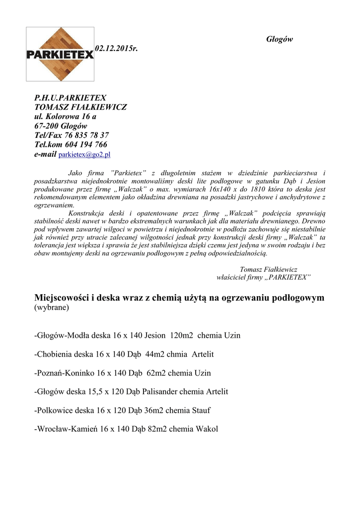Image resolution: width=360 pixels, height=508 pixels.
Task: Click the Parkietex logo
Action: pos(60,54)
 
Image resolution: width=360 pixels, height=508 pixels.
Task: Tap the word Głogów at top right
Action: pos(280,39)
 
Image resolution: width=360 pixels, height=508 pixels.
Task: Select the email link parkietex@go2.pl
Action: pos(84,155)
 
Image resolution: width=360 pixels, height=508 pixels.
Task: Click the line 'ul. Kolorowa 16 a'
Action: pos(65,116)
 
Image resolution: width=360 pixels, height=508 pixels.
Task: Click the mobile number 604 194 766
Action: pos(86,144)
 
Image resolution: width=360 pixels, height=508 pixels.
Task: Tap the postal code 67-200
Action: pos(45,126)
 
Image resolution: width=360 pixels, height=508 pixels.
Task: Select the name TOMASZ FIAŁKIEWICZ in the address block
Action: pos(80,107)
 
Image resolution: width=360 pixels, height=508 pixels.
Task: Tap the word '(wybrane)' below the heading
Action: pos(52,308)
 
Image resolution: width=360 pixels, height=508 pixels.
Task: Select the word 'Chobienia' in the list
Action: pos(55,354)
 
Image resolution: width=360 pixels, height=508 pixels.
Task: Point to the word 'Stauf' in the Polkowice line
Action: pos(200,410)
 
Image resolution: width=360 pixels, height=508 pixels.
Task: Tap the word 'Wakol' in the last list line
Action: pos(207,429)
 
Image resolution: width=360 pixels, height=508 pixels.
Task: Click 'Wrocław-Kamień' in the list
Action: pos(67,429)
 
